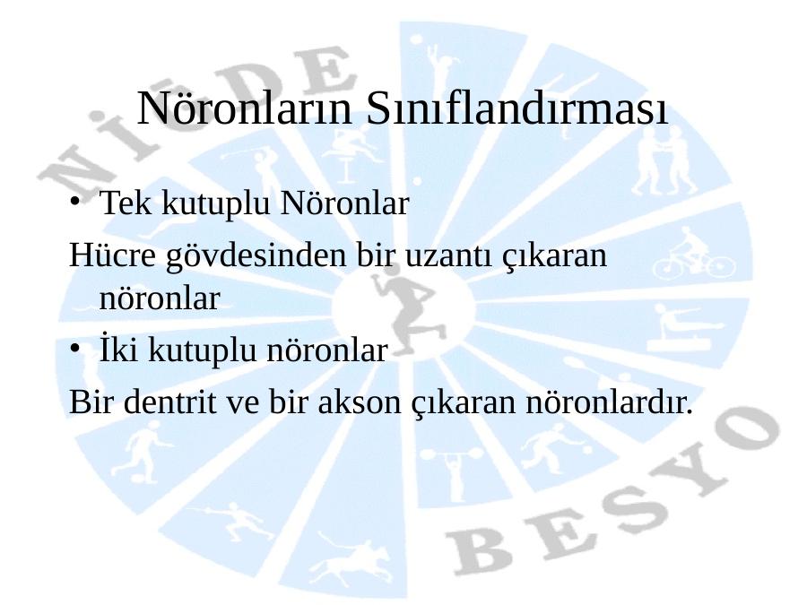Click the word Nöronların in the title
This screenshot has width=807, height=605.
point(245,108)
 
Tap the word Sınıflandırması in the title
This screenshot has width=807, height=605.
point(517,108)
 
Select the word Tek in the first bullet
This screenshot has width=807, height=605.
point(125,203)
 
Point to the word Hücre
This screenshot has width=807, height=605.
point(112,255)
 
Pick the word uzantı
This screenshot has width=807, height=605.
point(447,255)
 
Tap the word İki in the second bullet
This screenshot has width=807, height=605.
point(118,350)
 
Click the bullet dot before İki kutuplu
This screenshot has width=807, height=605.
point(75,349)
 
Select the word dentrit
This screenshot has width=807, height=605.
point(169,402)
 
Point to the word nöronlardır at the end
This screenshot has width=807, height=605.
point(610,402)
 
